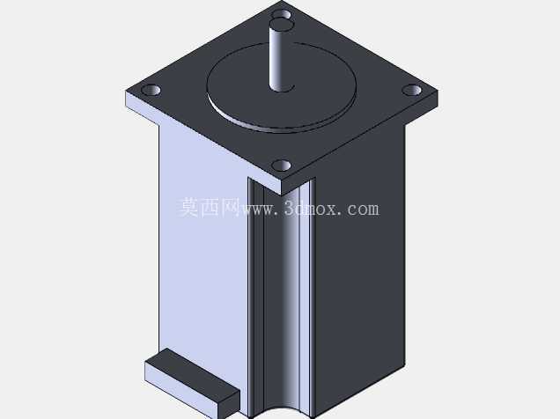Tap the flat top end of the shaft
(282, 25)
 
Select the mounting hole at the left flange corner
(151, 91)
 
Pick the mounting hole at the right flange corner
(412, 90)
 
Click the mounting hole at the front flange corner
(282, 165)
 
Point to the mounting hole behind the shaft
(282, 14)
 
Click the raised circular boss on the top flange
(282, 87)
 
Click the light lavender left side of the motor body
(203, 250)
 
